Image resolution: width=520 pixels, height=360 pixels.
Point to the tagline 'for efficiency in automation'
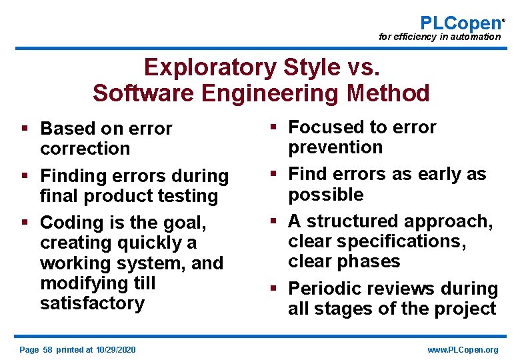tap(439, 37)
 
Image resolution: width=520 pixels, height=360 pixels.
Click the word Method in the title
tap(388, 93)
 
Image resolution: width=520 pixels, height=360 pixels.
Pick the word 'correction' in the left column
tap(85, 149)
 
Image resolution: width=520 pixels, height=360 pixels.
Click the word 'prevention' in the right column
tap(335, 147)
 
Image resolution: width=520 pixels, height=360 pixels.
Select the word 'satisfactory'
tap(92, 303)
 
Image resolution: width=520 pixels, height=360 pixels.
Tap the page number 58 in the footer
tap(47, 350)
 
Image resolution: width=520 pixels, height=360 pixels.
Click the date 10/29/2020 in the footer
tap(115, 350)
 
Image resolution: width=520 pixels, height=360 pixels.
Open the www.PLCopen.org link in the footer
tap(463, 350)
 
